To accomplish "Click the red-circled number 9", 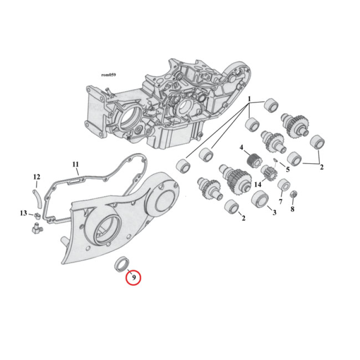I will [134, 277].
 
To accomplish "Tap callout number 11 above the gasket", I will [76, 164].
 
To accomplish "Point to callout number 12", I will [37, 177].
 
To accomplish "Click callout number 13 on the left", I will [23, 213].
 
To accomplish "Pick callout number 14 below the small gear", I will [257, 184].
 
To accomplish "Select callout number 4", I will [242, 148].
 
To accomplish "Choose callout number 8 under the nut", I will [292, 209].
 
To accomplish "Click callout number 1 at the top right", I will [249, 99].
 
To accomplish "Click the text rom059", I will [108, 75].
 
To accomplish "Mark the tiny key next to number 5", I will [275, 160].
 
